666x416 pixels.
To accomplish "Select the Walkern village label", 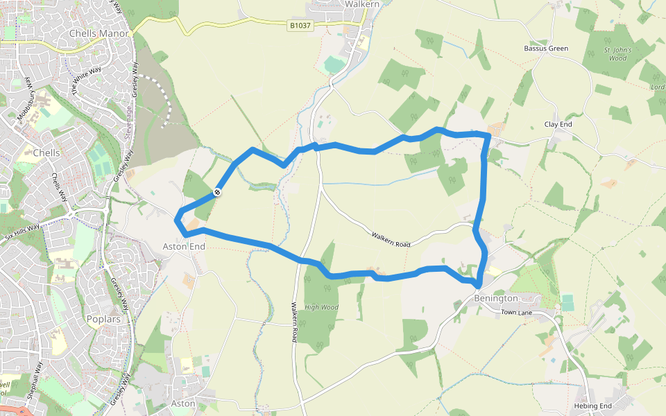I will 362,4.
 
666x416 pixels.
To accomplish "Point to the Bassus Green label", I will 546,49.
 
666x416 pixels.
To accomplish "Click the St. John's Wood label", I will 615,54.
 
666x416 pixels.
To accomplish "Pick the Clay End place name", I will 558,124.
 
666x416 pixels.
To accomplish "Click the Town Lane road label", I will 516,313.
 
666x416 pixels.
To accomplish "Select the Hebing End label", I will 592,406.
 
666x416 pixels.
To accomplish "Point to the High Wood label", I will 321,307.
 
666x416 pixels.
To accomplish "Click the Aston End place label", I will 184,246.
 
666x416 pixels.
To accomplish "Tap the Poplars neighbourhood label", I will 103,320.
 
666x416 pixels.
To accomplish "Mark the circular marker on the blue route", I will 217,192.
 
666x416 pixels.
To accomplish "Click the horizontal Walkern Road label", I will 391,240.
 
